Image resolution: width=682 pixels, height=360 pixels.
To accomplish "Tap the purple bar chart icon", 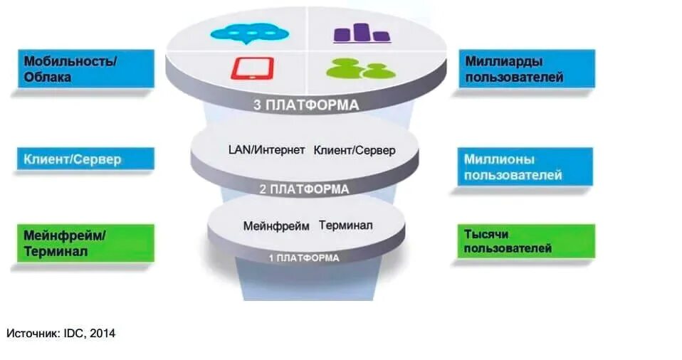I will coord(361,33).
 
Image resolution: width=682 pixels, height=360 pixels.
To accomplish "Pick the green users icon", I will coord(360,68).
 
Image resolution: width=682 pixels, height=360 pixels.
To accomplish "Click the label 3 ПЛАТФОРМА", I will coord(306,105).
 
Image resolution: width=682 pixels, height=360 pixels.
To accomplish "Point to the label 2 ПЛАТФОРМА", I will coord(304,189).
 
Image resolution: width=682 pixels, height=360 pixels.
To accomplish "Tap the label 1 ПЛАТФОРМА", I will coord(304,257).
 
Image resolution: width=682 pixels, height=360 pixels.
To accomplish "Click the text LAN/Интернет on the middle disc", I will coord(266,150).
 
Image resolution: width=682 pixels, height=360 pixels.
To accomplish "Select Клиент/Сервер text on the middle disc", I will coord(354,150).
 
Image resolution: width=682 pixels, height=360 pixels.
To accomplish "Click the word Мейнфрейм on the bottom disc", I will coord(276,226).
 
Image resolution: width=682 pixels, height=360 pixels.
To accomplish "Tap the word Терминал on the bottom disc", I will coord(345,226).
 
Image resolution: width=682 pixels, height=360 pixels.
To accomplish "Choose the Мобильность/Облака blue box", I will coord(85,69).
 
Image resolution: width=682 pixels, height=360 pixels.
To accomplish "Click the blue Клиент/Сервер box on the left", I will coord(85,159).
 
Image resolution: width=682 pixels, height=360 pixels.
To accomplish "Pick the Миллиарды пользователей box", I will coord(525,69).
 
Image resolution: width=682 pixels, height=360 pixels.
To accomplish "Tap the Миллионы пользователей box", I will coord(525,166).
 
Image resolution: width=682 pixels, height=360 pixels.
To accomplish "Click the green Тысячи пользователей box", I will coord(525,242).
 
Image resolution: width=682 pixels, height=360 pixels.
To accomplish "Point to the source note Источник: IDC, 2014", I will coord(61,333).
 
